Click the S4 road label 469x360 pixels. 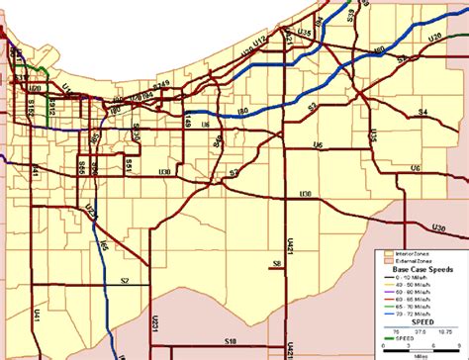click(421, 113)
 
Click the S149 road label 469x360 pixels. click(188, 121)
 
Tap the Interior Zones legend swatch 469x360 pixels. click(389, 254)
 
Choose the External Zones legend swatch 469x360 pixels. click(389, 261)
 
